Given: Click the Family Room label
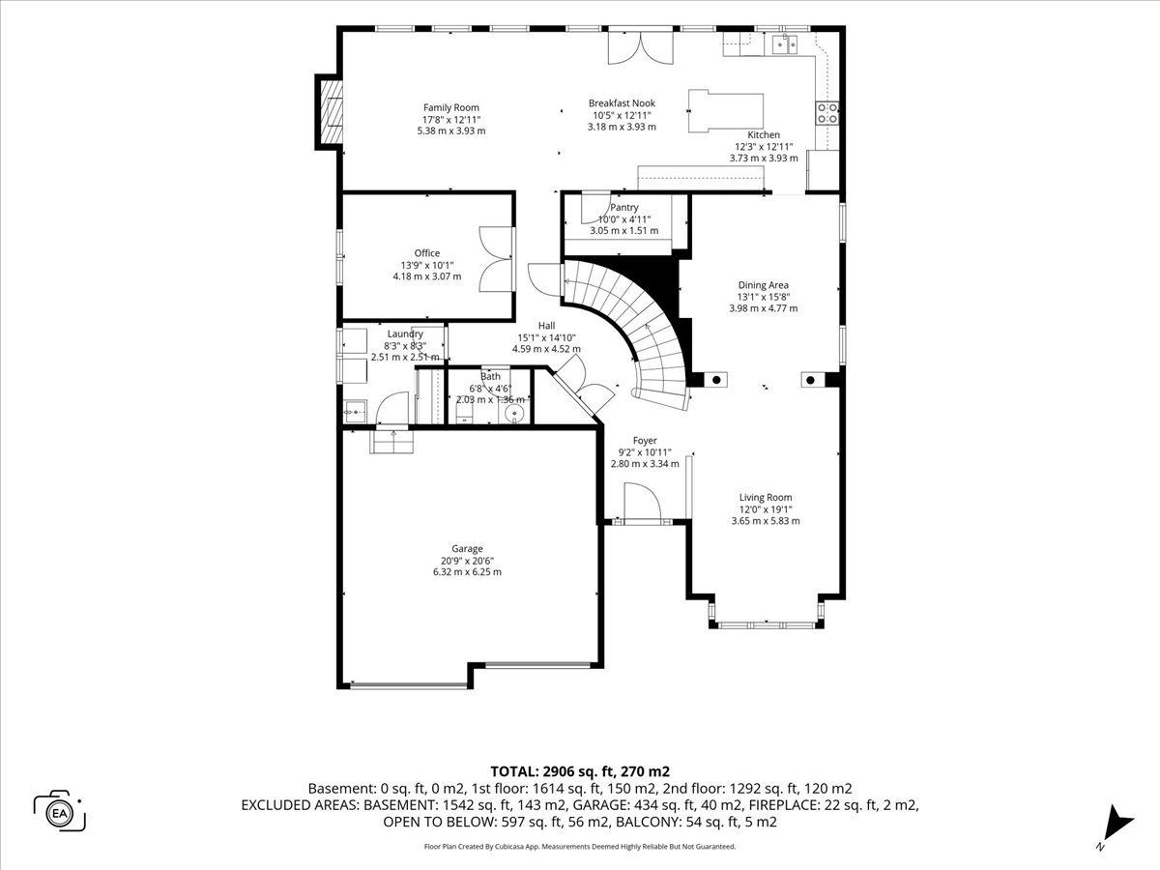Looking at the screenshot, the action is click(451, 107).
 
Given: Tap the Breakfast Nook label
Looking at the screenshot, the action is click(622, 103).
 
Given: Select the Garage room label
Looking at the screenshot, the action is click(467, 549).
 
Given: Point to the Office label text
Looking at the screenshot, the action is click(427, 253).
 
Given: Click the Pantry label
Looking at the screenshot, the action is click(624, 208).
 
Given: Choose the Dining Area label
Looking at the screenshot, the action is click(763, 285).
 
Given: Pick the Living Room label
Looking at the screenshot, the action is click(766, 498).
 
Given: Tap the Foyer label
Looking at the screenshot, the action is click(645, 441).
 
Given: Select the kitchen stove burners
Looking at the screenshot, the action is click(827, 112).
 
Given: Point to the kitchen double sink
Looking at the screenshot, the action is click(785, 44).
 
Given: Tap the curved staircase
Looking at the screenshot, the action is click(629, 331).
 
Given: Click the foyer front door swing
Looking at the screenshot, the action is click(642, 503).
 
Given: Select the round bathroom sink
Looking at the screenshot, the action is click(514, 413).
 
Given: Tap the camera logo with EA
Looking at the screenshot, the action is click(60, 814).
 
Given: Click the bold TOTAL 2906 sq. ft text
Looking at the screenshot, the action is click(580, 771).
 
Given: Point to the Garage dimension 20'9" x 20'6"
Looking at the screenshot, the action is click(467, 561).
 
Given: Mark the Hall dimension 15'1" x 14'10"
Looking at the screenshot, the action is click(546, 337).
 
